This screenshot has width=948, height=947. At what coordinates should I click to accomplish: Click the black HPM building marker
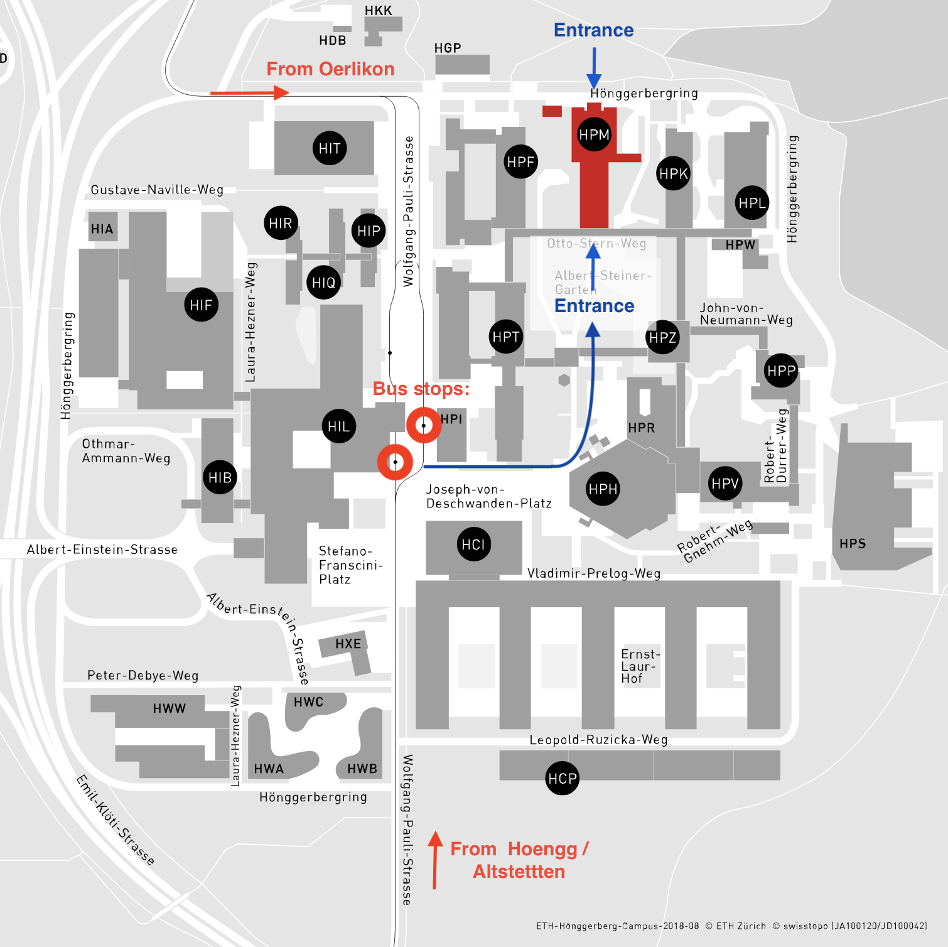594,134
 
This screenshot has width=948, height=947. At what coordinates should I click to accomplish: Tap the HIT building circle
329,148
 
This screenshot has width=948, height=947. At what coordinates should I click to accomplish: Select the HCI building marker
473,544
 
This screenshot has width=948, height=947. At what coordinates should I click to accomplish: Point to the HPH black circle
603,489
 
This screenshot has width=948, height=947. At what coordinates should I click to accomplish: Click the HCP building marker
562,779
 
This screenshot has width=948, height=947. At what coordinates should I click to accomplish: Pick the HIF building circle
201,305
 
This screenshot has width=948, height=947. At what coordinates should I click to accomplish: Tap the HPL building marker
751,203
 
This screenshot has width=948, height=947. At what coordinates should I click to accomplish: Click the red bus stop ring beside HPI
424,425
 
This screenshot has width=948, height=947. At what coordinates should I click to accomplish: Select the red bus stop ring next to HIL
395,462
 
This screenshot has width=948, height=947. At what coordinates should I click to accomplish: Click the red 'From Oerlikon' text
330,69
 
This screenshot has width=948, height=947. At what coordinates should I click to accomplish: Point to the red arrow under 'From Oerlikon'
249,93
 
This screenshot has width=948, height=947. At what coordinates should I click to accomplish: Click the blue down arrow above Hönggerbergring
594,68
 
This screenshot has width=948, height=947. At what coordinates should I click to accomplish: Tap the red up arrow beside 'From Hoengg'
434,860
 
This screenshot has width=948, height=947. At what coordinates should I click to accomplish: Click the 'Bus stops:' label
421,389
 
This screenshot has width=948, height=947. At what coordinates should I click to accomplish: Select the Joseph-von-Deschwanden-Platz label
488,496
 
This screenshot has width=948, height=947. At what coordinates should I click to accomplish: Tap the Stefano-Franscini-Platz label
350,565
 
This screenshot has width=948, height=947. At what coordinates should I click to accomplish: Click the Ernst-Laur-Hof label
640,666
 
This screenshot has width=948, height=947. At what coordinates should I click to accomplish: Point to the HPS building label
853,544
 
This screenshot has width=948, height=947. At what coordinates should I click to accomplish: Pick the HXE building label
348,644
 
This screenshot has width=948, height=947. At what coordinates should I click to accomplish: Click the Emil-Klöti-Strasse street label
115,820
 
